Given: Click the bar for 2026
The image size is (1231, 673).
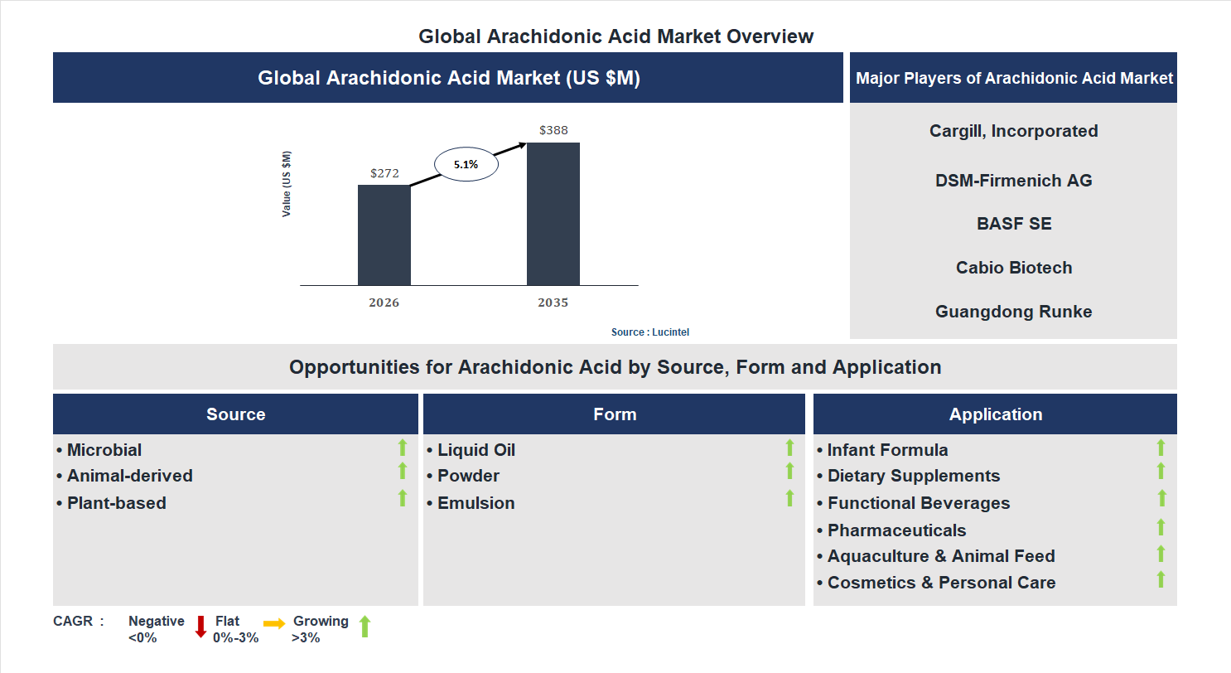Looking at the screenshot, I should click(384, 235).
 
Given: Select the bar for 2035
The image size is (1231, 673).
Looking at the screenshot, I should click(553, 214).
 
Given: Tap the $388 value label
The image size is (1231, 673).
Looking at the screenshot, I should click(553, 130).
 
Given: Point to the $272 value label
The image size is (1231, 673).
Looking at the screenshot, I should click(384, 173).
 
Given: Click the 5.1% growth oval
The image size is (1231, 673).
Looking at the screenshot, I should click(466, 164).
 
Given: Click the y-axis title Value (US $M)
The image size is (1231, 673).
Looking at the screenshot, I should click(287, 184).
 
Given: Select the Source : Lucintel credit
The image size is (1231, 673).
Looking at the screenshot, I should click(649, 332).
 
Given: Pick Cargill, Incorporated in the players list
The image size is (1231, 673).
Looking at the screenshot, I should click(1013, 131).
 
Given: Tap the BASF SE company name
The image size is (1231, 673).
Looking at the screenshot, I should click(1013, 224).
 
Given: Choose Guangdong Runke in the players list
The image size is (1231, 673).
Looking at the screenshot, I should click(1013, 312).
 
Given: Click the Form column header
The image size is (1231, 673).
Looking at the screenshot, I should click(614, 414).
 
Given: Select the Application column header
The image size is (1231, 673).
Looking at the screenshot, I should click(995, 414).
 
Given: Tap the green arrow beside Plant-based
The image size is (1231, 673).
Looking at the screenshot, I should click(403, 498).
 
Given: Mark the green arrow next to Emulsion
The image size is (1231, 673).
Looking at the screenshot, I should click(789, 498).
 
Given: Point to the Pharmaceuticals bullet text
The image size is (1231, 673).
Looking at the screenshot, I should click(896, 530).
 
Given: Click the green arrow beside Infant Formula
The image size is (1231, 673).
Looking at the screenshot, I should click(1161, 448).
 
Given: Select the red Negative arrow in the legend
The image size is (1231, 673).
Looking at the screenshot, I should click(200, 627).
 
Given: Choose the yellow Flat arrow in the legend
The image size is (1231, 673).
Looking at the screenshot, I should click(274, 622).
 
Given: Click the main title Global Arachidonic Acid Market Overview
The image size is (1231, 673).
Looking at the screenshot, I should click(615, 36).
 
